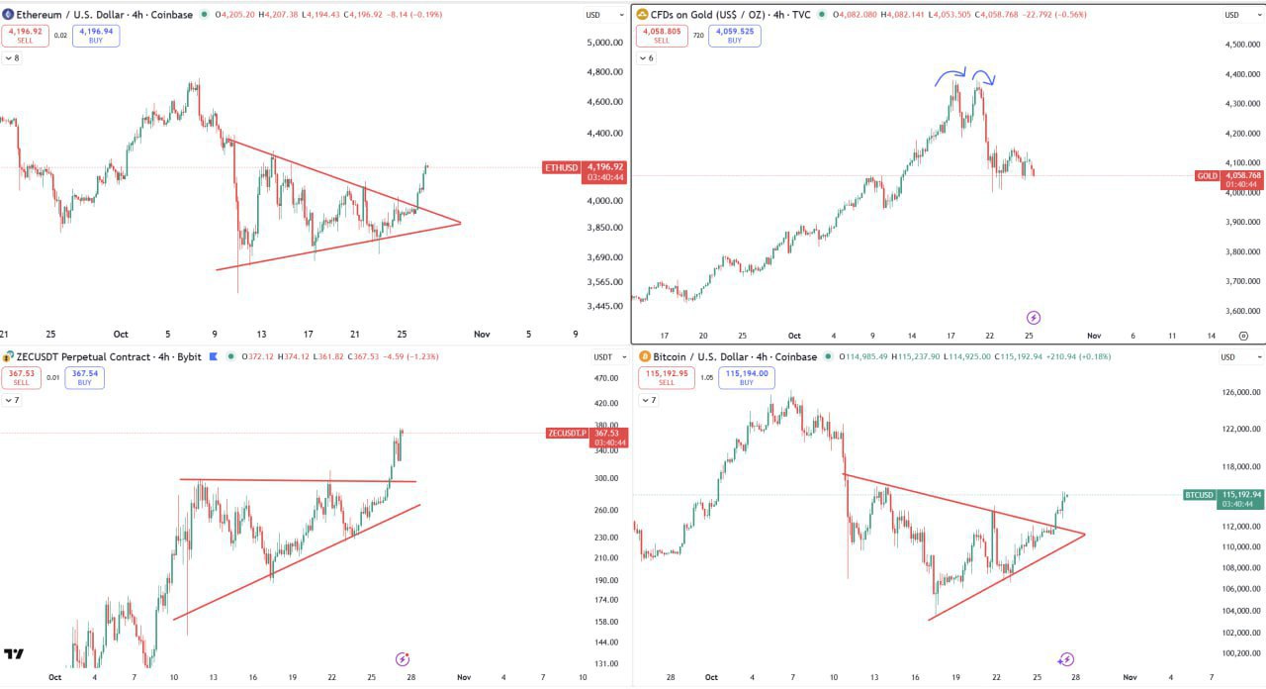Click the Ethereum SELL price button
25,36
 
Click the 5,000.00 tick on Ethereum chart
603,43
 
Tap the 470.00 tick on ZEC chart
606,378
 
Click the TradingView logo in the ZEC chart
14,654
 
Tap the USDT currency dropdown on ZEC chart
603,356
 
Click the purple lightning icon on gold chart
1034,318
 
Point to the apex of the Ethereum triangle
461,223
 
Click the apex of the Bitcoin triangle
1085,535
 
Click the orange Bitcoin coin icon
643,356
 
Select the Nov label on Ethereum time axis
482,335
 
